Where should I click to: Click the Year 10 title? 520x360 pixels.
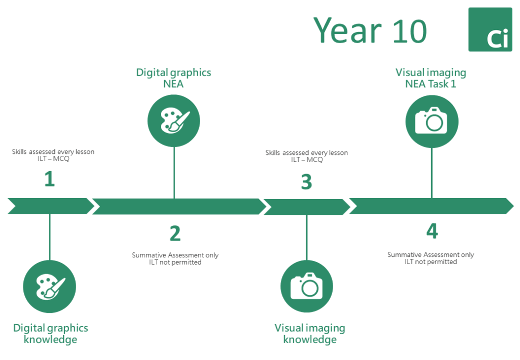370,30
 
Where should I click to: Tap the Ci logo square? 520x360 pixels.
490,29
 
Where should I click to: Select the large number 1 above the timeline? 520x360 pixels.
50,179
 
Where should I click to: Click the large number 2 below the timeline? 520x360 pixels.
175,234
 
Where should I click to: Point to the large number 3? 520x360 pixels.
307,182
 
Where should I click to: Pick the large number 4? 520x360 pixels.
432,231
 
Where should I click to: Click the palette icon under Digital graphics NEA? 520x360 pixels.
174,121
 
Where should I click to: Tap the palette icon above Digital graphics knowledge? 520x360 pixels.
49,286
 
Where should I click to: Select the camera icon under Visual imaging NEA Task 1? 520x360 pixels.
432,121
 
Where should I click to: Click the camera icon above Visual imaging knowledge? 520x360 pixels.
307,286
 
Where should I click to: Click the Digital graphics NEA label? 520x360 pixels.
174,78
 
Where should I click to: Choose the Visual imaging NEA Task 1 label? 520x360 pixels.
431,78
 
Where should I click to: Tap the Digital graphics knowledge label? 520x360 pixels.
50,334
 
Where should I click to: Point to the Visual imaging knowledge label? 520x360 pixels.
310,334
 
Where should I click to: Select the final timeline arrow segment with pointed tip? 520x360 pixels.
432,206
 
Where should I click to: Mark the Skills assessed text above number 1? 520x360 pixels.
53,155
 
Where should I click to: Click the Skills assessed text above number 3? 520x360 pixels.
307,156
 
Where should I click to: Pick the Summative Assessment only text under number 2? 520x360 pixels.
175,255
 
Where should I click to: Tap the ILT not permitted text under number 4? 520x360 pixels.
431,262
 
